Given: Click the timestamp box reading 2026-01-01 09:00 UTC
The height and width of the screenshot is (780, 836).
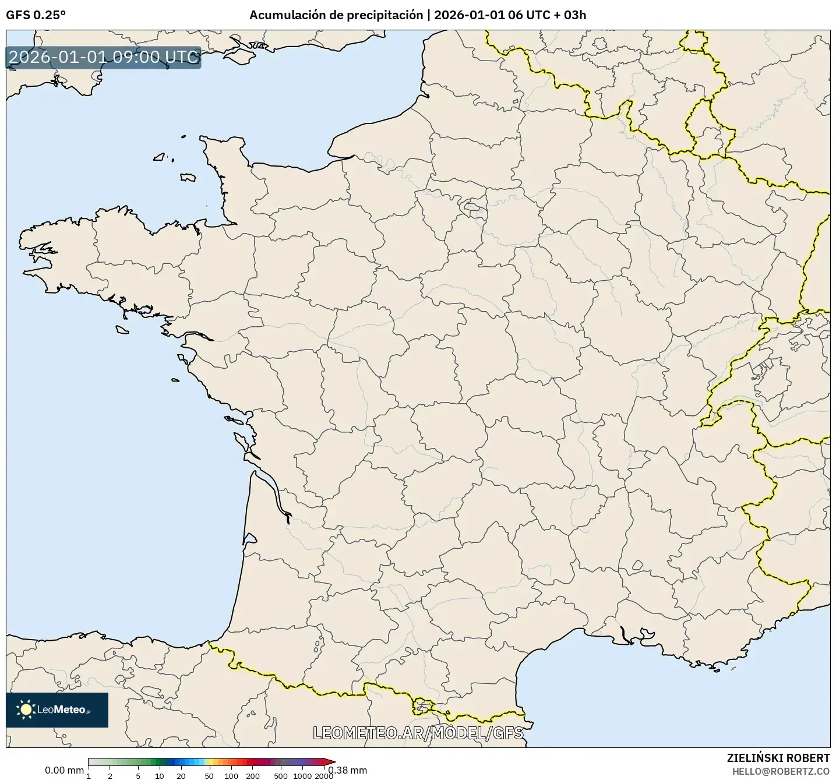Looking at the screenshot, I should click(104, 57).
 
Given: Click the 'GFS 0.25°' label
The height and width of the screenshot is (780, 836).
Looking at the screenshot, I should click(36, 15).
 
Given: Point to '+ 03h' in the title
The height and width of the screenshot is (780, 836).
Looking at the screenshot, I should click(570, 15).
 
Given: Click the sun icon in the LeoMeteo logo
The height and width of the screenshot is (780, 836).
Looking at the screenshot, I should click(26, 710).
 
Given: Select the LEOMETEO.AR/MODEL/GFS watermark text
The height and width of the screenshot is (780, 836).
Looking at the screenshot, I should click(418, 733).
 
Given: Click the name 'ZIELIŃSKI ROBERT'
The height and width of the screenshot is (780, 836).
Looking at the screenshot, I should click(778, 758).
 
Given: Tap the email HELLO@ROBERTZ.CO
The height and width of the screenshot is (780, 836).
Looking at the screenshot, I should click(781, 771).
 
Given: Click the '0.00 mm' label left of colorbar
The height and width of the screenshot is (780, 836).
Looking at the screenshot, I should click(64, 770).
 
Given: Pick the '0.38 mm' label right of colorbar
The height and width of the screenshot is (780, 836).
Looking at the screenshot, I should click(348, 770).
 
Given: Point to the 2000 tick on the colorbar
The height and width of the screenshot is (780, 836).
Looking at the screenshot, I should click(324, 775).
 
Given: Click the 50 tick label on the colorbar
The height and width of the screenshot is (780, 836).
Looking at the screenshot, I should click(209, 775).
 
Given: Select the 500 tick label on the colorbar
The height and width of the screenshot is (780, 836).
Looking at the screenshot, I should click(281, 775).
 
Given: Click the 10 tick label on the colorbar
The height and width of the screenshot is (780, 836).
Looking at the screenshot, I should click(160, 775).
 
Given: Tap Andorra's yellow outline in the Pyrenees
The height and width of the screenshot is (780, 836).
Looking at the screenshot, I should click(422, 705).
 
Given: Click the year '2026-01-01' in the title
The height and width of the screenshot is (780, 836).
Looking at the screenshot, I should click(468, 15).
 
